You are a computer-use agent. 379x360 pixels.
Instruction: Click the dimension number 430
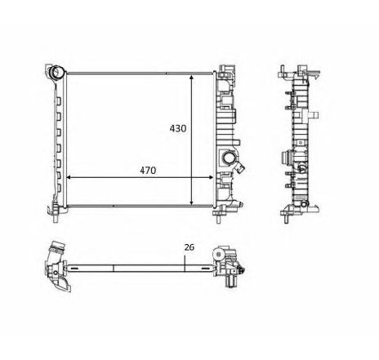[178, 128]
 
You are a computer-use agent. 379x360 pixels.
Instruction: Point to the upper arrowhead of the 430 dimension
[192, 76]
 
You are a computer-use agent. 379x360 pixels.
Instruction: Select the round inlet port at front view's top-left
[57, 75]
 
